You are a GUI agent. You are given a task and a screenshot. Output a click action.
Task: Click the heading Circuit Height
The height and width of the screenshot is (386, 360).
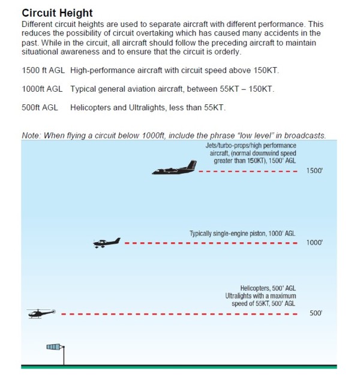pos(57,13)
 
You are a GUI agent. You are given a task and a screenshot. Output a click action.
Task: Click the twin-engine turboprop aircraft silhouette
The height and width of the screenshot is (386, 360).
pos(174,169)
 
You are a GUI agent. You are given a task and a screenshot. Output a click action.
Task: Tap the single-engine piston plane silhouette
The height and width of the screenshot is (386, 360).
pos(107,243)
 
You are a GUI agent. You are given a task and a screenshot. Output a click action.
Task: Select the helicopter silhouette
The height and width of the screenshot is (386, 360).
pos(41,313)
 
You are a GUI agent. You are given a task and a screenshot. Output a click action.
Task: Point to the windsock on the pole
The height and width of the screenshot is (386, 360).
pos(55,347)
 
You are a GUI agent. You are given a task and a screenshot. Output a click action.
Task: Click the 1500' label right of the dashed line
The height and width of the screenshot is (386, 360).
pos(315,171)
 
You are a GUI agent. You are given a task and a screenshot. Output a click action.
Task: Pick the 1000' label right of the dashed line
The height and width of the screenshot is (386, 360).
pos(315,243)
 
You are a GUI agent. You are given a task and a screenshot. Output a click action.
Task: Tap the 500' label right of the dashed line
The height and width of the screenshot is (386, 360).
pos(316,313)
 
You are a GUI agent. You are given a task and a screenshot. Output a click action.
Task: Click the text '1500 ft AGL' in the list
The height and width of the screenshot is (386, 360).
pos(43,71)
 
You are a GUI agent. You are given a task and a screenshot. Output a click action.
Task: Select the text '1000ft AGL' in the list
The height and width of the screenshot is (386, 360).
pos(42,89)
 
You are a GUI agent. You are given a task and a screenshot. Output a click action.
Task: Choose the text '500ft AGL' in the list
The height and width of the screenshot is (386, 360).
pos(40,108)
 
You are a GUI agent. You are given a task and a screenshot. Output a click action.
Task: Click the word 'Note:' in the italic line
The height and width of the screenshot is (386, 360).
pos(31,135)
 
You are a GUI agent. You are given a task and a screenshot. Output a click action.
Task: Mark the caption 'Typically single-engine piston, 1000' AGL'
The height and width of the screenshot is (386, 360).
pos(242,233)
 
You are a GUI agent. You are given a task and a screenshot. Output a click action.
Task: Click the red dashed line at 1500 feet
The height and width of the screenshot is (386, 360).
pos(248,171)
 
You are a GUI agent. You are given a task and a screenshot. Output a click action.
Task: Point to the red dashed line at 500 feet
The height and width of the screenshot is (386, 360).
pos(180,313)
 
